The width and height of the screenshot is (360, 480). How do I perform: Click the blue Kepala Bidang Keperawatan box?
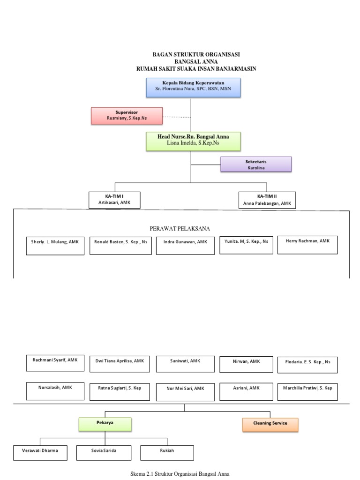coord(193,88)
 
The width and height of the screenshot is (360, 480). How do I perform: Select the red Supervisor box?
coord(127,115)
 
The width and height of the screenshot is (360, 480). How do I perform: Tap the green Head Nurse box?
coord(193,141)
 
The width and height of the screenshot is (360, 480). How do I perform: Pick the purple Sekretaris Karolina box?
coord(256,164)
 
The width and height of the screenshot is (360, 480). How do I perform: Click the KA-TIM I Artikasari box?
coord(115,199)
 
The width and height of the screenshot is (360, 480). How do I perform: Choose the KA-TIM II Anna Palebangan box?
coord(267,199)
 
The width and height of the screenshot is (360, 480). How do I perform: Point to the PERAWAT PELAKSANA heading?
coord(180,228)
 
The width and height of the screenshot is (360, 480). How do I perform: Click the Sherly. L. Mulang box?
coord(54,245)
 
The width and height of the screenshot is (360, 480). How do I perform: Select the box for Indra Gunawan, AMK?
coord(185,246)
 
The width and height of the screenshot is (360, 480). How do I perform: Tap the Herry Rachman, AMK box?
coord(307,245)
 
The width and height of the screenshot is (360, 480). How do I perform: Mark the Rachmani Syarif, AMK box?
coord(55,364)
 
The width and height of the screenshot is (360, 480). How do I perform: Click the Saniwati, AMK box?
coord(185,364)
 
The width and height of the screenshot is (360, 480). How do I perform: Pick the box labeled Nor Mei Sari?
coord(185,391)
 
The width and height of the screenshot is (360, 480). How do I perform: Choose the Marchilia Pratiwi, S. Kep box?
coord(307,391)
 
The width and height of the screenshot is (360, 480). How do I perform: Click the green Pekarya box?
coord(105,425)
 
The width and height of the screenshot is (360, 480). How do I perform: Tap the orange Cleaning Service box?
coord(270,425)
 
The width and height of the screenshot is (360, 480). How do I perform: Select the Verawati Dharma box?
coord(40,452)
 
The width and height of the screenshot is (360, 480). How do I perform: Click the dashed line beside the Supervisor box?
coord(177,116)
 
